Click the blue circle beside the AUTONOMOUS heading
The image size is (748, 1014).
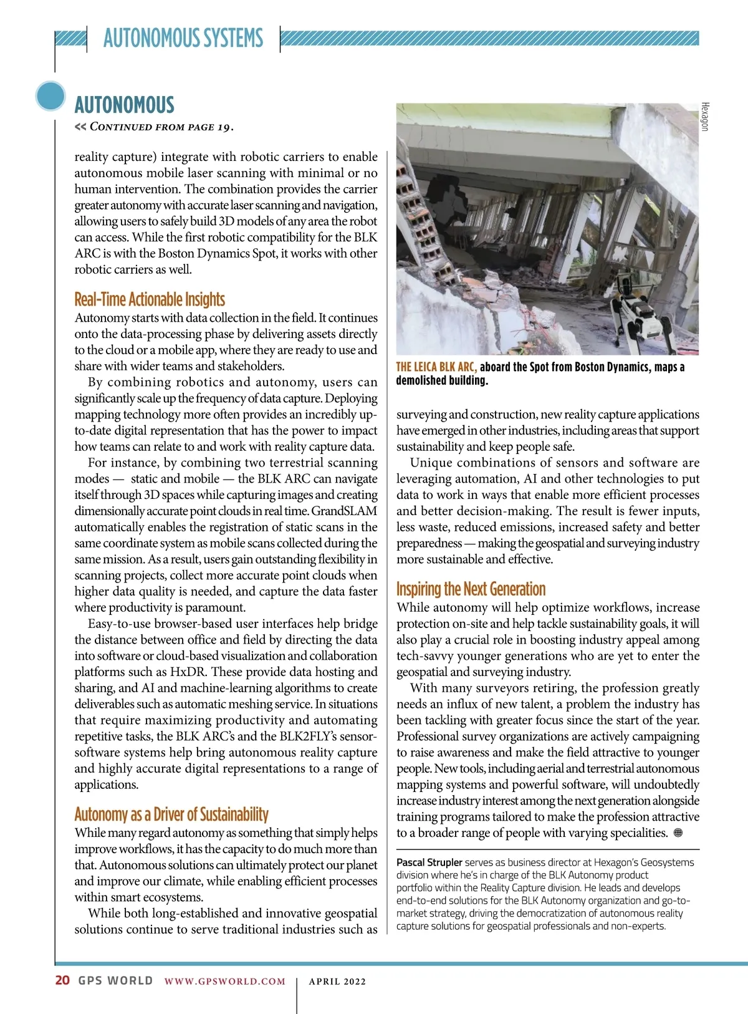pos(50,96)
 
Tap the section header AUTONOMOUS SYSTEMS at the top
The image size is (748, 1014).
pos(183,38)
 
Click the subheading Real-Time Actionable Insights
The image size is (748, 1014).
pos(150,299)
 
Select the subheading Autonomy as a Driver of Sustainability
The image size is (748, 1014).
pos(171,814)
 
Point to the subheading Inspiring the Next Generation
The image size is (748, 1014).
pos(471,589)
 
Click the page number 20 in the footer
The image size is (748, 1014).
pos(62,980)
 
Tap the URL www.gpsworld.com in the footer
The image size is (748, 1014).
pos(225,982)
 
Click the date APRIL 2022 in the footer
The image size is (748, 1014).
pos(337,982)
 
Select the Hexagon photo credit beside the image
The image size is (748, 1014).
pos(705,117)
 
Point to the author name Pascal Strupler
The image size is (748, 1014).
pos(429,862)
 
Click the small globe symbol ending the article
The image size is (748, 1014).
pos(678,833)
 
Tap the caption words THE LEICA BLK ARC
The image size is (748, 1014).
pos(436,367)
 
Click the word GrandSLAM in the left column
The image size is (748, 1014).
pos(344,511)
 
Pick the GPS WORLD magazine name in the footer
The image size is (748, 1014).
pos(115,980)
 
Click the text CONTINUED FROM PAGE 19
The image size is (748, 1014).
pos(161,127)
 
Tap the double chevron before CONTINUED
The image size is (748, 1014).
pos(80,127)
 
